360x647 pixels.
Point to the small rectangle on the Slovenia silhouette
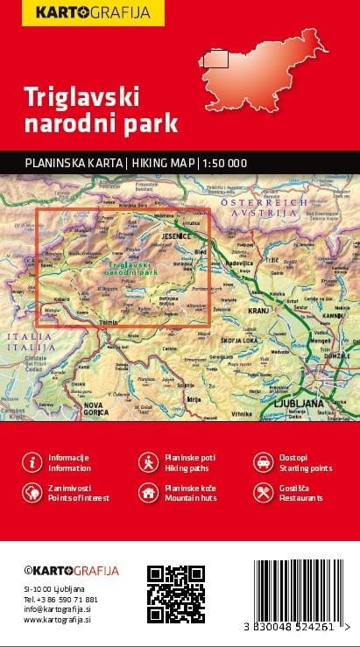point(215,60)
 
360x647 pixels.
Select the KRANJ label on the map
point(257,311)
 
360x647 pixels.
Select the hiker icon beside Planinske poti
point(148,461)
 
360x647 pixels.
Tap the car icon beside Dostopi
point(262,461)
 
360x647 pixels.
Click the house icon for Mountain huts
point(148,492)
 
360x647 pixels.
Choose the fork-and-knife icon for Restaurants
point(262,492)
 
